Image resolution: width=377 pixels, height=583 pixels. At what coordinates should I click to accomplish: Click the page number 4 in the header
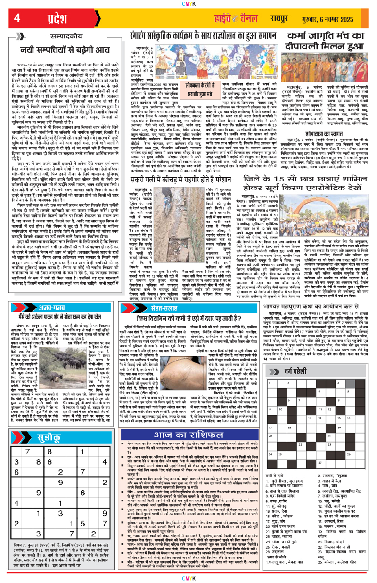click(x=18, y=18)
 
